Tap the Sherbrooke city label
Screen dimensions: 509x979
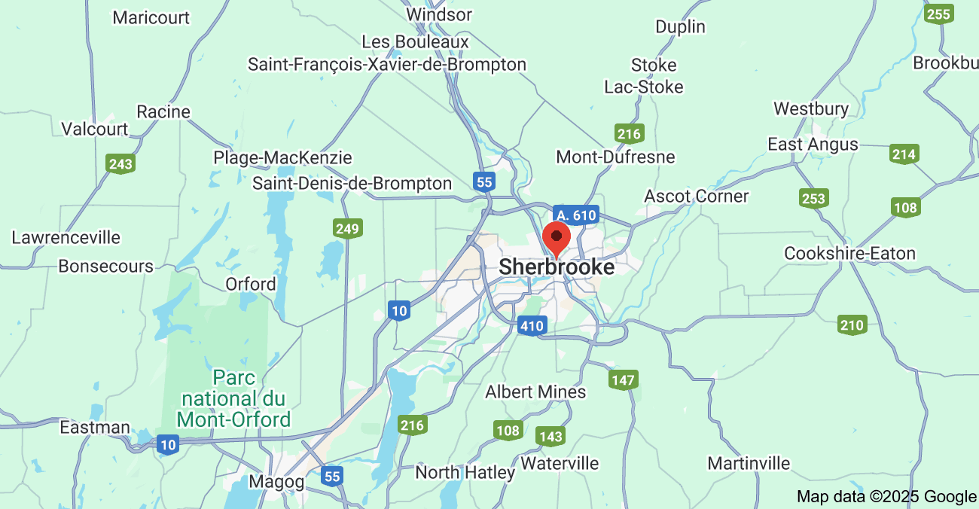557,267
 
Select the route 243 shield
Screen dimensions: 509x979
120,164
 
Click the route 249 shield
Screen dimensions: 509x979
348,228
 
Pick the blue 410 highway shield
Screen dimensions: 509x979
532,326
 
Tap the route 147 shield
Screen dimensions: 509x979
624,379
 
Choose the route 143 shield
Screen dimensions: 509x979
550,436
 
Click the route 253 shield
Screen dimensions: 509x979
813,199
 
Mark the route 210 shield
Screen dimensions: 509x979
852,325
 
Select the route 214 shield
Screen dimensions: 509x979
904,154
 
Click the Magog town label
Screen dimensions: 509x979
276,482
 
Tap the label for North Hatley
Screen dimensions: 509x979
465,473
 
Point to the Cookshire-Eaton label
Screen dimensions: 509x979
849,253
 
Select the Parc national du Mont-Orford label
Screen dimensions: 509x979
233,398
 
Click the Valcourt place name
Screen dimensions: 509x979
95,129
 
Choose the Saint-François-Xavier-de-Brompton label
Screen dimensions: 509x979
387,65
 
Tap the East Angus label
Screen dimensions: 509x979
813,144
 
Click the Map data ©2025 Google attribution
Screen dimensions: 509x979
886,496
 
